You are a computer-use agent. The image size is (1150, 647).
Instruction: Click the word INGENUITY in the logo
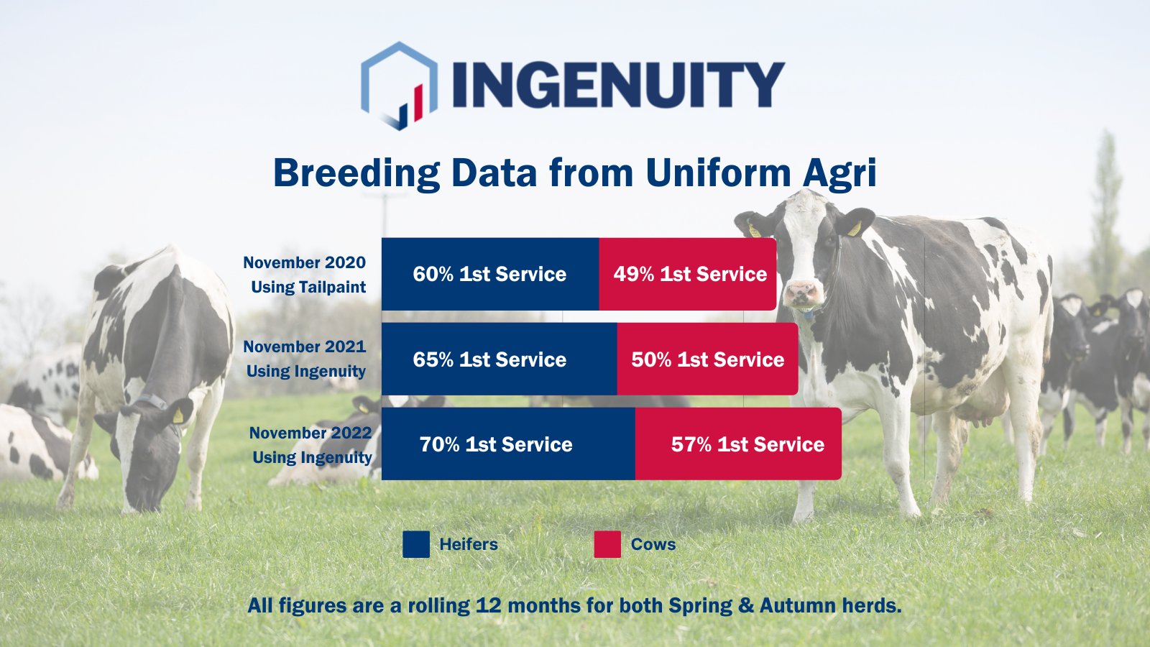pos(618,85)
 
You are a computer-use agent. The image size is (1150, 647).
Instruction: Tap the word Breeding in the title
pos(356,174)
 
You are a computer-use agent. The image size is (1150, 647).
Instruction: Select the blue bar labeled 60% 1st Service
pos(489,274)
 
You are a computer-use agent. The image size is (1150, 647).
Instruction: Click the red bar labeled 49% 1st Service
pos(688,274)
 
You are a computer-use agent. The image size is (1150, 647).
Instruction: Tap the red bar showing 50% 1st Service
pos(707,359)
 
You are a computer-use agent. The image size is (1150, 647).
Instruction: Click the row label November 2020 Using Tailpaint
pos(305,275)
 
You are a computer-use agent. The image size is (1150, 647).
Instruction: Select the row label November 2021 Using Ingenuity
pos(305,359)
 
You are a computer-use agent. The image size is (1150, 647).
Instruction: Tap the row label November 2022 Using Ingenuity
pos(310,445)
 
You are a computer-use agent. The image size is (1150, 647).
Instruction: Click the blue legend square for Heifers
pos(416,544)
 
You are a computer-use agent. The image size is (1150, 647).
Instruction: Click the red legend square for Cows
pos(607,544)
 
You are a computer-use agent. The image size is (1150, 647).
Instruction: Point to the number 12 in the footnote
pos(488,605)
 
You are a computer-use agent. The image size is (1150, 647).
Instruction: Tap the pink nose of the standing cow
pos(802,293)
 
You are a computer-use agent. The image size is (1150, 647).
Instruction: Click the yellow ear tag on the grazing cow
pos(178,415)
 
